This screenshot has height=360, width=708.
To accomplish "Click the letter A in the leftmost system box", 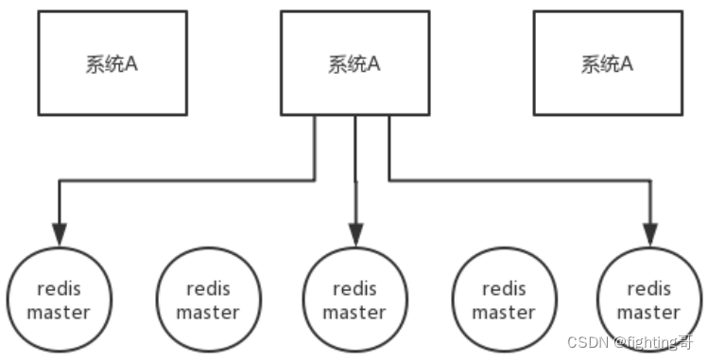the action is coord(130,63).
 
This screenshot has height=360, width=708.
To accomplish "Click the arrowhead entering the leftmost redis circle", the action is coord(60,234).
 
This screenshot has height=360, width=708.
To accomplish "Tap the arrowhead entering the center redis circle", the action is coord(355,234).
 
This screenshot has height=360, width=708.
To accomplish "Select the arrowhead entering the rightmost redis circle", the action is coord(650,234).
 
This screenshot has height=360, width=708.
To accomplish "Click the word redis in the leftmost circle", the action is coord(60,288).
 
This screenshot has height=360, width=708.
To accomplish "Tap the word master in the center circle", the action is coord(354,312).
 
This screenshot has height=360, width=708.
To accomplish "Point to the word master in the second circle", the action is coord(208,312).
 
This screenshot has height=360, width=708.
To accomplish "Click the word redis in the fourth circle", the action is coord(504,288).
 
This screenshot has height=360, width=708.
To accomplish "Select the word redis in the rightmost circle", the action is coord(648,288).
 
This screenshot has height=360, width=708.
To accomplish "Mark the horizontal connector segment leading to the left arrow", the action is coord(187,180).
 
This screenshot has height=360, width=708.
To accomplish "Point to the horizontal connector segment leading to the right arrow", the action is coord(520,180).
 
